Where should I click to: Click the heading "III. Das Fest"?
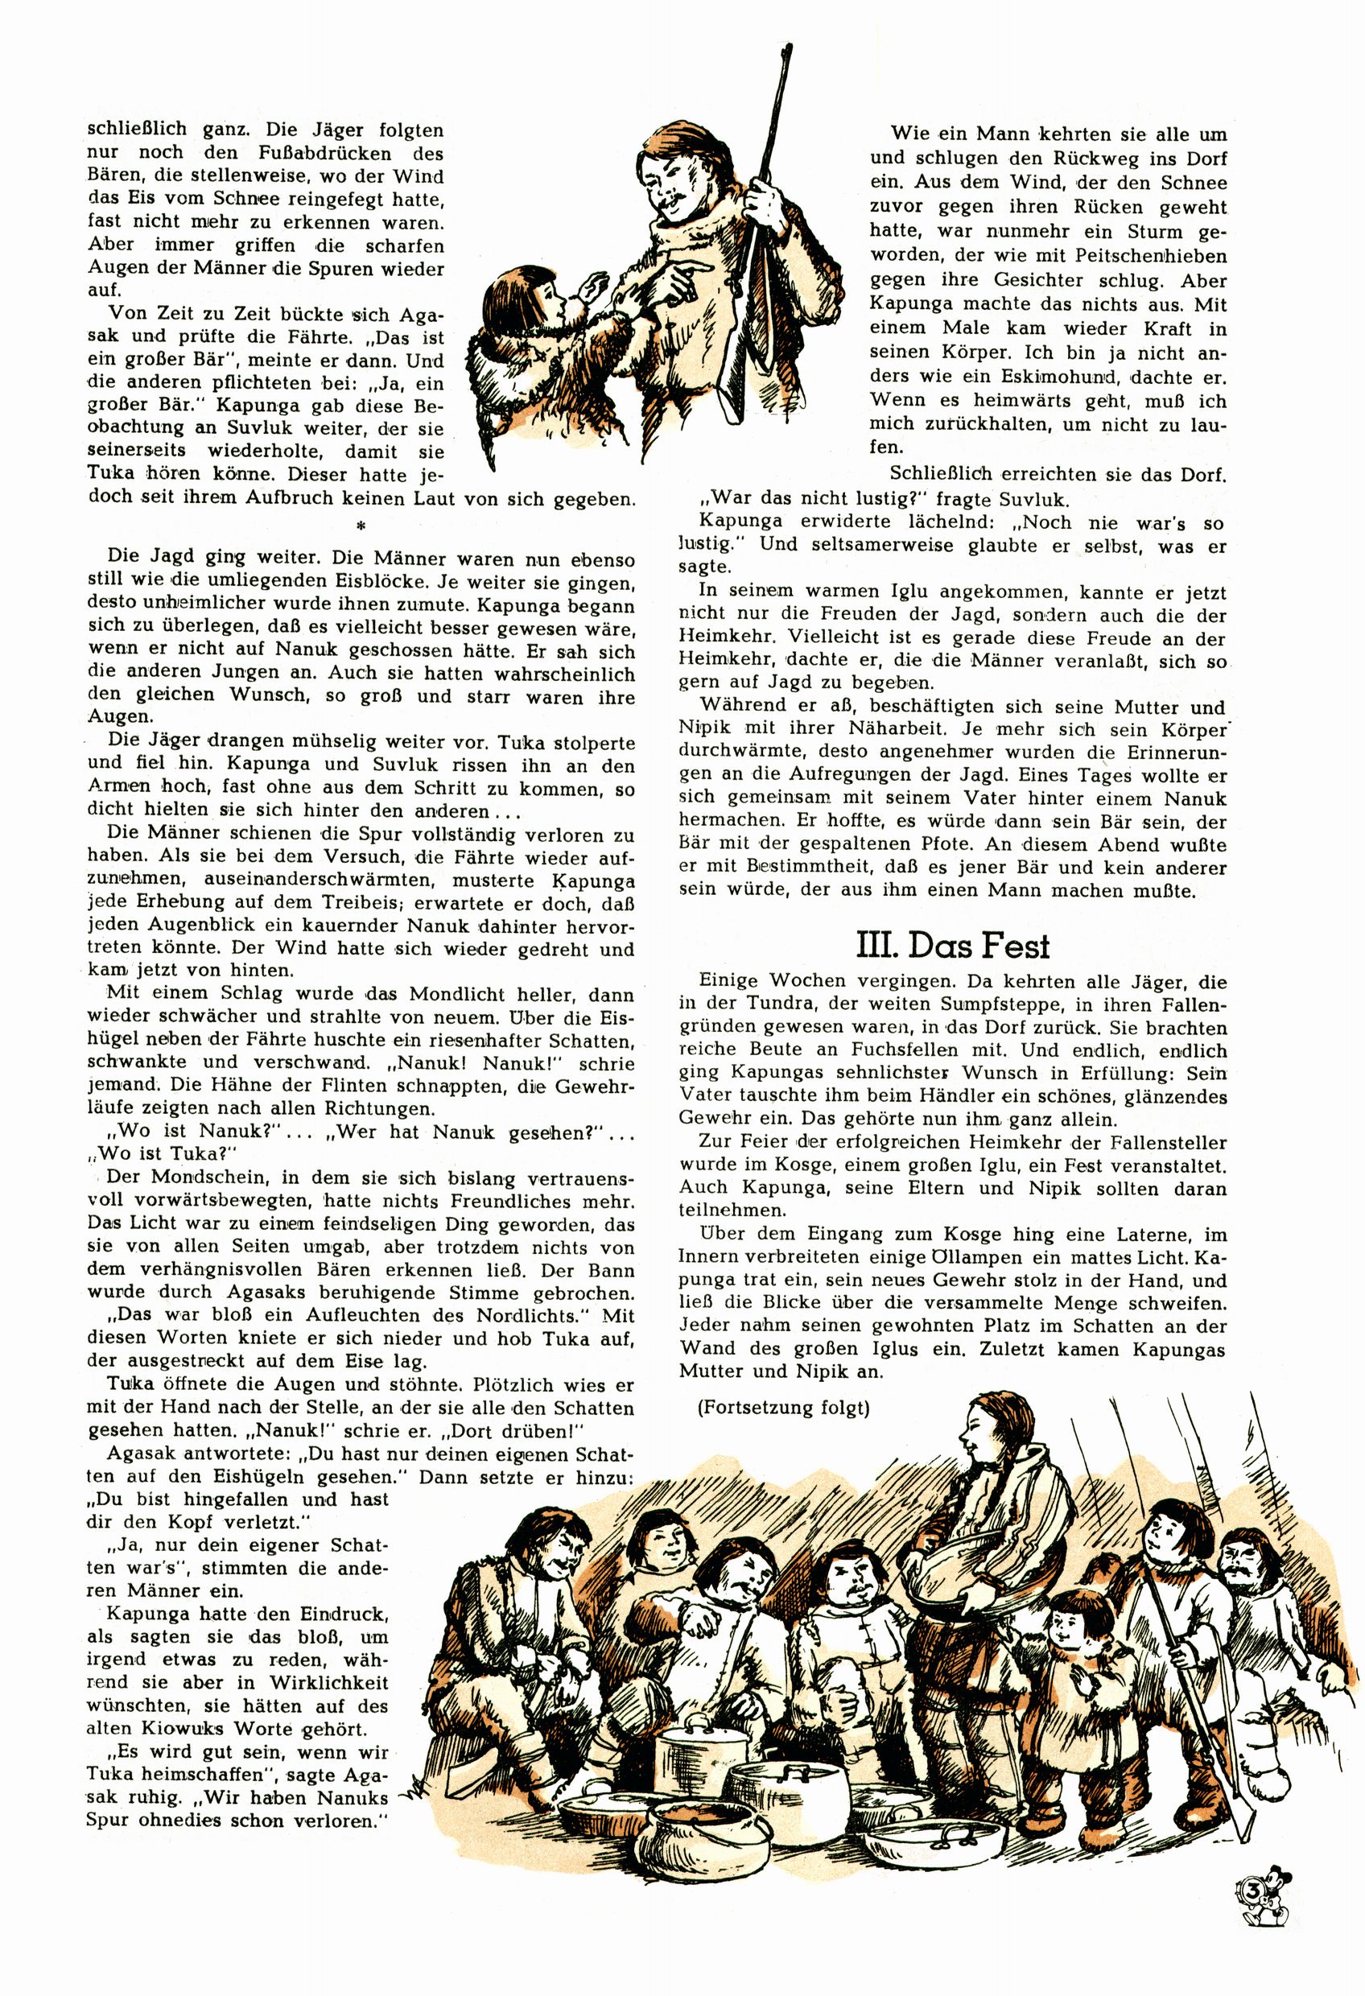point(953,946)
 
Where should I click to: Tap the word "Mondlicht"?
point(469,995)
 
